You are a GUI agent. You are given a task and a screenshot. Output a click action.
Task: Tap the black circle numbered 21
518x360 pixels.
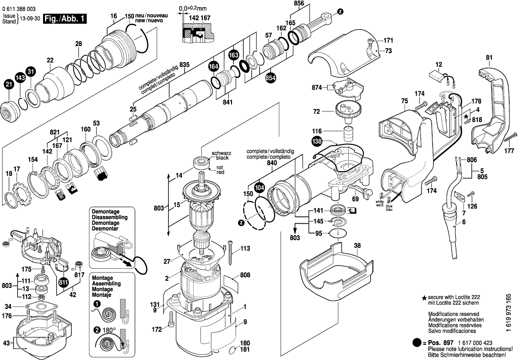[x=9, y=85]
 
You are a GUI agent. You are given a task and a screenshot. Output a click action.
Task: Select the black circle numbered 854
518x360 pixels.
[x=271, y=77]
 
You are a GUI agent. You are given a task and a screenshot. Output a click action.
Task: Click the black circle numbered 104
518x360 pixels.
[x=259, y=187]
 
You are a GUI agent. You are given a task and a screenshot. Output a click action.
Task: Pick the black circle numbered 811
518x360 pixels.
[x=63, y=282]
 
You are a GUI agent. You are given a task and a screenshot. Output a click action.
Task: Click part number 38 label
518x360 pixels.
[x=357, y=246]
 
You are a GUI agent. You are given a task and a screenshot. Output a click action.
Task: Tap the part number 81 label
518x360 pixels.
[x=489, y=58]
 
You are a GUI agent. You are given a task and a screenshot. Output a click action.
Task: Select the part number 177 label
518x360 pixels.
[x=509, y=151]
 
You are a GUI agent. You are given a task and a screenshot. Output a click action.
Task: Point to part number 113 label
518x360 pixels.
[x=245, y=248]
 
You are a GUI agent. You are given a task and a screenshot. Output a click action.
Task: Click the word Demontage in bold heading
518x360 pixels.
[x=106, y=211]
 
